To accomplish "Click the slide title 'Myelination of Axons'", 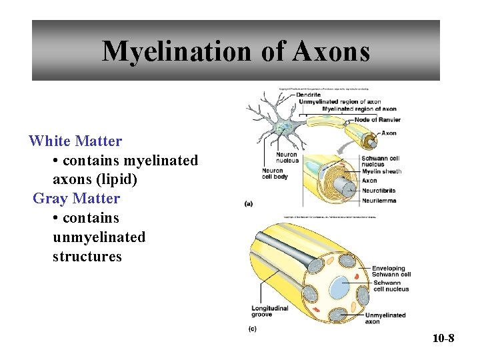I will click(235, 51).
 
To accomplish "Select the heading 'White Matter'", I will click(75, 141).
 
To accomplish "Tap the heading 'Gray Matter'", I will click(76, 199).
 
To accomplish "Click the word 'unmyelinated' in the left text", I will click(99, 237).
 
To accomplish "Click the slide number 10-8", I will click(443, 339).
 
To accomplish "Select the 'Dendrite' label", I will click(308, 95).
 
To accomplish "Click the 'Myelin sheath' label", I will click(381, 172).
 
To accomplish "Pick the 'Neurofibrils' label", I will click(378, 191).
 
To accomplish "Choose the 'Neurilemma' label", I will click(378, 200).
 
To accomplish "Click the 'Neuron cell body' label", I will click(275, 173).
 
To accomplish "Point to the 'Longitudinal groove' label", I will click(271, 311).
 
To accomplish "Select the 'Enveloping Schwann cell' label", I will click(391, 271).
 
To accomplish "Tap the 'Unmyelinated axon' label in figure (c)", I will click(385, 318).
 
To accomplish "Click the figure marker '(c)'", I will click(252, 329).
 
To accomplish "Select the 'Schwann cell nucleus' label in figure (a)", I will click(380, 161).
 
